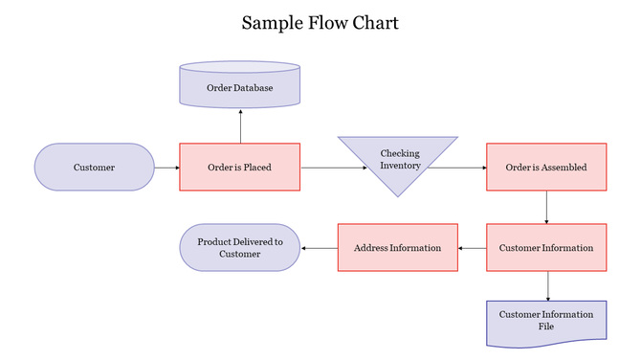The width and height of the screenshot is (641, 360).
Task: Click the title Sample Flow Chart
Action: [320, 22]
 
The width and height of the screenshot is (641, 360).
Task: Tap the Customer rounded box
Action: [94, 168]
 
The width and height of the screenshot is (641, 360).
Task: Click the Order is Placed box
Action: [239, 168]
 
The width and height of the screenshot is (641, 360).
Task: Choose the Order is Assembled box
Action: [545, 168]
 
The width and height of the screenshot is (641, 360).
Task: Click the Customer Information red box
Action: [545, 248]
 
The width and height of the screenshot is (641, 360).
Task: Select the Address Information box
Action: [397, 248]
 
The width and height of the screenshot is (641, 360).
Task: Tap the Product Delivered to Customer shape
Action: [239, 248]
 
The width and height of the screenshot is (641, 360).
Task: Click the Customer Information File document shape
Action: [545, 321]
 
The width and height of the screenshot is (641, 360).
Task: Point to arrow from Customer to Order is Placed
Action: [166, 168]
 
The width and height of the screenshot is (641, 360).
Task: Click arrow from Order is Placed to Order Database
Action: [239, 125]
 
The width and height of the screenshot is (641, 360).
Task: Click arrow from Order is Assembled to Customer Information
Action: [545, 207]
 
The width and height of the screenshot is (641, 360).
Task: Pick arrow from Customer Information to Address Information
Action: [472, 248]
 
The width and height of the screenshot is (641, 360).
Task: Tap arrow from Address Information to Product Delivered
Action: [319, 248]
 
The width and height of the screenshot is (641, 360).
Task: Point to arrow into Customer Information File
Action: [545, 286]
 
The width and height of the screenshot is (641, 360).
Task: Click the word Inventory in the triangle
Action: [400, 167]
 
